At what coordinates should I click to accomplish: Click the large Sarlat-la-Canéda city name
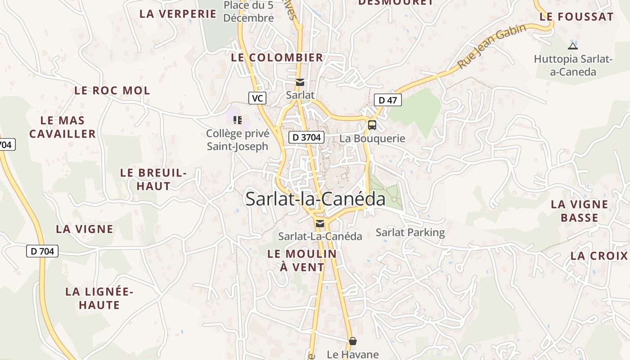point(315,199)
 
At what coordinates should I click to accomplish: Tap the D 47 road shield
point(387,100)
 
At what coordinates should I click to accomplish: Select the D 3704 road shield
point(306,137)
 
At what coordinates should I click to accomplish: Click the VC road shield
point(257,98)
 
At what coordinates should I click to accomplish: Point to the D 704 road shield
point(43,251)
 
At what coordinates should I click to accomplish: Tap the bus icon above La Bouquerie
point(372,125)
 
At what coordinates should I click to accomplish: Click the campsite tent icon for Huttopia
point(572,45)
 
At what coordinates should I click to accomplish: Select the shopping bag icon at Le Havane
point(353,342)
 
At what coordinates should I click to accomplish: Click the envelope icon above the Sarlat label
point(300,82)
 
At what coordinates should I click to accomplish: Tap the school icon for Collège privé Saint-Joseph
point(238,120)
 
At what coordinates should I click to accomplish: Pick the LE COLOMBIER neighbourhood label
point(277,58)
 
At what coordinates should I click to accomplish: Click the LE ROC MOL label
point(112,90)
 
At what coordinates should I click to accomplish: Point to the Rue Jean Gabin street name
point(492,46)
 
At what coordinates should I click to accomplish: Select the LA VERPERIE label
point(178,14)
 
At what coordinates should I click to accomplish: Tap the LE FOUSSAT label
point(576,17)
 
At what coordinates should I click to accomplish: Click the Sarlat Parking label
point(410,233)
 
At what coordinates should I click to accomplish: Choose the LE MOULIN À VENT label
point(302,261)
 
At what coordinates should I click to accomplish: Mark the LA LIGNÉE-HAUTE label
point(99,298)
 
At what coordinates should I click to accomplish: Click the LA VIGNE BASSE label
point(580,211)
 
